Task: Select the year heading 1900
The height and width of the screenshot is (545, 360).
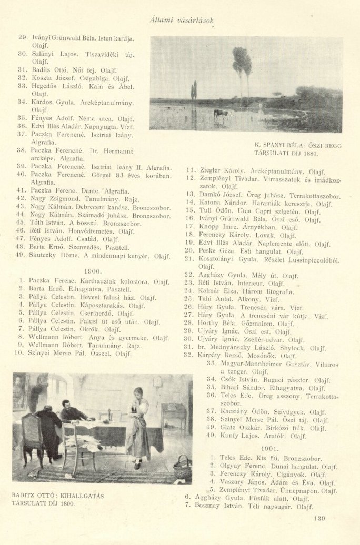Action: tap(92, 270)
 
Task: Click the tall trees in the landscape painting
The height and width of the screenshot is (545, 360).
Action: tap(242, 71)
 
